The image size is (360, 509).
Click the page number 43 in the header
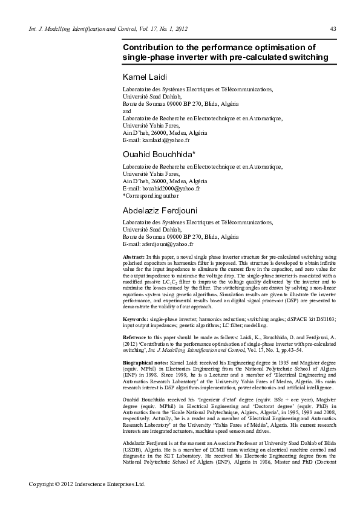[333, 29]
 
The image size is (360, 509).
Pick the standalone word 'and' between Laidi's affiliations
[126, 111]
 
